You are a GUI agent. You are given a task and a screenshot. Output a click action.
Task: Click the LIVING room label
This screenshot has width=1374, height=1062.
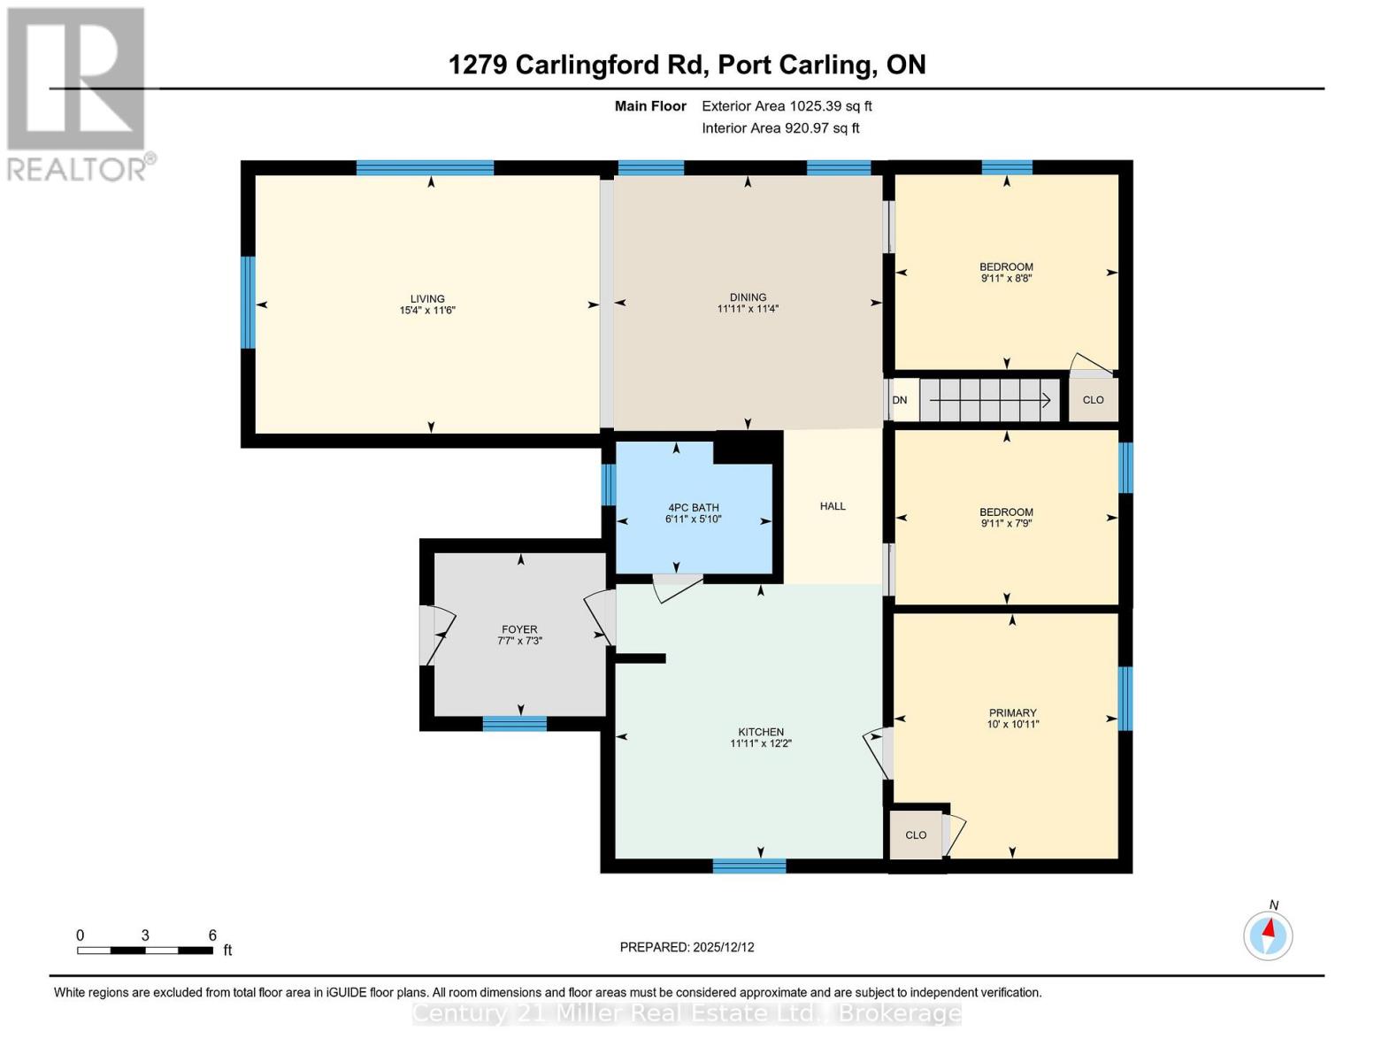(x=426, y=298)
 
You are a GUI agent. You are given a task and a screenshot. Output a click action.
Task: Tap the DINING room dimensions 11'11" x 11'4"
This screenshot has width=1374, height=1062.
(x=748, y=309)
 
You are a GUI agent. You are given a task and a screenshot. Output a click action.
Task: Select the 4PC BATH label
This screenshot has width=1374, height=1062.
(x=693, y=507)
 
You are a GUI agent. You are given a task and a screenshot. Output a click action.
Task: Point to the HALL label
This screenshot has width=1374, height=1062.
(x=833, y=506)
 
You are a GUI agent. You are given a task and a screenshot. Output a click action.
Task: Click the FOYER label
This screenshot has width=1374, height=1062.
(x=519, y=629)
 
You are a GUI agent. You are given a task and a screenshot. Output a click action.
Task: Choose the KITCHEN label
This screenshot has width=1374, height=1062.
(x=761, y=732)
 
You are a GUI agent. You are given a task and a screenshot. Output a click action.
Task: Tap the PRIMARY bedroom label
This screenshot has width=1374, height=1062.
(x=1012, y=712)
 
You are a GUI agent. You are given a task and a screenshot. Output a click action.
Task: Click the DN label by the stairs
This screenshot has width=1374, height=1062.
(x=899, y=400)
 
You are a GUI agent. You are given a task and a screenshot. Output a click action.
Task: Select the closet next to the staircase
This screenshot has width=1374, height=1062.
(x=1094, y=400)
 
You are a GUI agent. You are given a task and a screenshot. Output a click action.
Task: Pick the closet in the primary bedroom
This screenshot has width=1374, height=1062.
(x=916, y=835)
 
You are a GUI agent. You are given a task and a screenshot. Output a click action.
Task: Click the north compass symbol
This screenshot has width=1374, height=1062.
(x=1268, y=935)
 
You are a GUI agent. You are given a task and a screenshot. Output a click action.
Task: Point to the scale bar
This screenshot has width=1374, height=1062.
(x=145, y=950)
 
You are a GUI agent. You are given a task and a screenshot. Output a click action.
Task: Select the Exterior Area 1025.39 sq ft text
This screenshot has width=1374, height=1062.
(x=787, y=106)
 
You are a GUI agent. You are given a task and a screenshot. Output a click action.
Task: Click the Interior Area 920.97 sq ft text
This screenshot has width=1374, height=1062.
(x=780, y=128)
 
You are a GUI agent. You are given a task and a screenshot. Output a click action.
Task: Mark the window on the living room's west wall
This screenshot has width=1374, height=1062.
(x=249, y=303)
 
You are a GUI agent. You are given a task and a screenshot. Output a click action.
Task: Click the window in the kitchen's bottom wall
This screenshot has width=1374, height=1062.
(x=749, y=866)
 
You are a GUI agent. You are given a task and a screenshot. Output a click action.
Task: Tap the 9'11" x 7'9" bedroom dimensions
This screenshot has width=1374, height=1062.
(x=1006, y=524)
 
